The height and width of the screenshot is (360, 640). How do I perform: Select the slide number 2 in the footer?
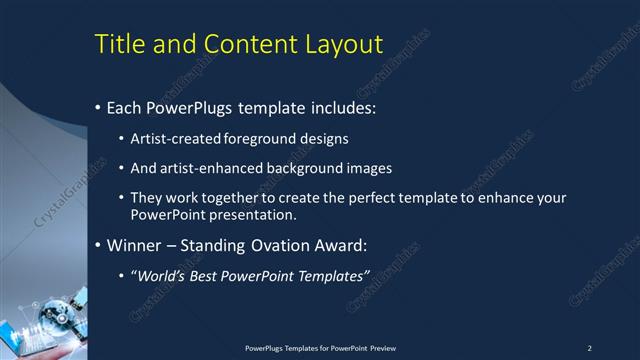tap(590, 347)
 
